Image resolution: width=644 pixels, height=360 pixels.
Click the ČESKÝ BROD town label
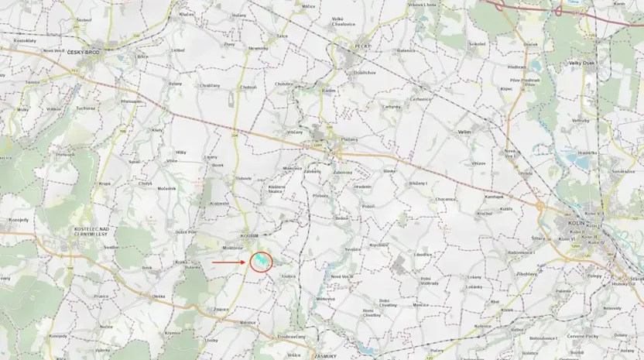83,52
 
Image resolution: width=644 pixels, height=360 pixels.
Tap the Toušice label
289,276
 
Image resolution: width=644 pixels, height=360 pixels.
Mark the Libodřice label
423,254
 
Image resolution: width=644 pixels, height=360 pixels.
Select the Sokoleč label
477,44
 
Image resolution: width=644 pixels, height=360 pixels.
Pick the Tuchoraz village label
85,108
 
